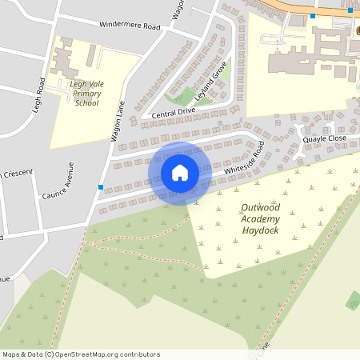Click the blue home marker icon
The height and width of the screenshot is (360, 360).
coord(180,173)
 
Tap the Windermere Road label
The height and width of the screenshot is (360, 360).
coord(130,26)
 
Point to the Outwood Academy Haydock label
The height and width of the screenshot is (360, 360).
coord(266,219)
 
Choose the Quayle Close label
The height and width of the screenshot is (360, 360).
coord(325,138)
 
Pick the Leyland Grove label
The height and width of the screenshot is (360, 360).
coord(213,79)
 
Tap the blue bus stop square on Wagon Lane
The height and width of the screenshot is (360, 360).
coord(100,187)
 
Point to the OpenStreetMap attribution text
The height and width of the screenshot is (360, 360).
coord(81,354)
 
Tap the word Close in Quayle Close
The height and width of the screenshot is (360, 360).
coord(336,138)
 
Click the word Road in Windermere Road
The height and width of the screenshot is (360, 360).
coord(149,27)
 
